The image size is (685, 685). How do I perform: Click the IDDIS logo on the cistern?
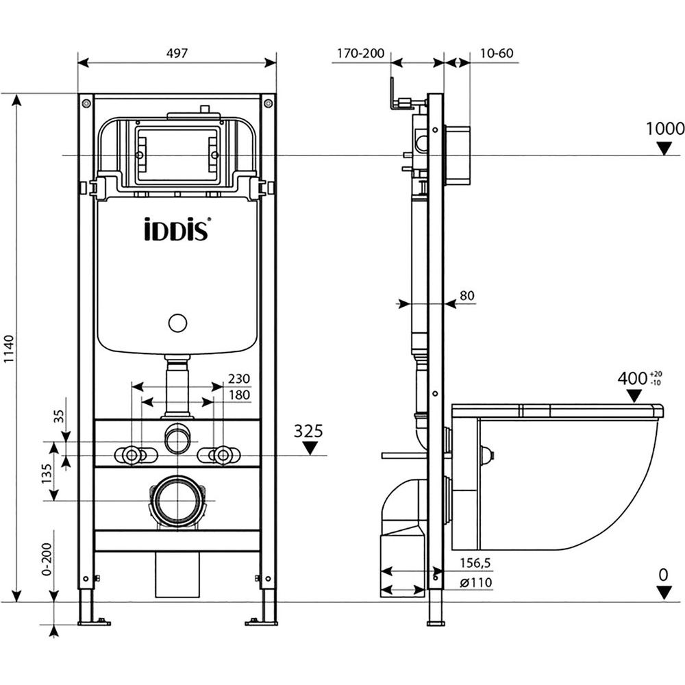(177, 229)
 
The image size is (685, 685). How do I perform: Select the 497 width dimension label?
(177, 53)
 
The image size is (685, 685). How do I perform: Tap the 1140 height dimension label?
(9, 349)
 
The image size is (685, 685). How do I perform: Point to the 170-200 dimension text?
(360, 53)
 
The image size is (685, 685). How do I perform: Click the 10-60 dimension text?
(497, 53)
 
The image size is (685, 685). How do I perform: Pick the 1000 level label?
(665, 129)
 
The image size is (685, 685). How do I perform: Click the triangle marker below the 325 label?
(310, 448)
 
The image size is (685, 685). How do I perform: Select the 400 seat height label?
(632, 378)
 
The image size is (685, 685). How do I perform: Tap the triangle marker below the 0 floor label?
(664, 593)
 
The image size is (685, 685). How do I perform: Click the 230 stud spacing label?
(239, 378)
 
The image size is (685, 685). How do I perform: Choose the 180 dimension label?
(239, 395)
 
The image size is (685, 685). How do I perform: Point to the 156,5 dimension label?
(475, 563)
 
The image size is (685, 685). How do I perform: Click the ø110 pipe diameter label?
(476, 582)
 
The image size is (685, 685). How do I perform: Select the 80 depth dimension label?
(467, 296)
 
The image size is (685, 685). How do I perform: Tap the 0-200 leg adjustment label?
(47, 559)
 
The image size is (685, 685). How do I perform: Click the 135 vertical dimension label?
(47, 473)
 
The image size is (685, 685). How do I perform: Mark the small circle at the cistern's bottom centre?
(178, 323)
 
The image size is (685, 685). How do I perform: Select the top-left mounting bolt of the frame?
(86, 103)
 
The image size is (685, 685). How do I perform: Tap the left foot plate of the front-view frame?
(93, 622)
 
